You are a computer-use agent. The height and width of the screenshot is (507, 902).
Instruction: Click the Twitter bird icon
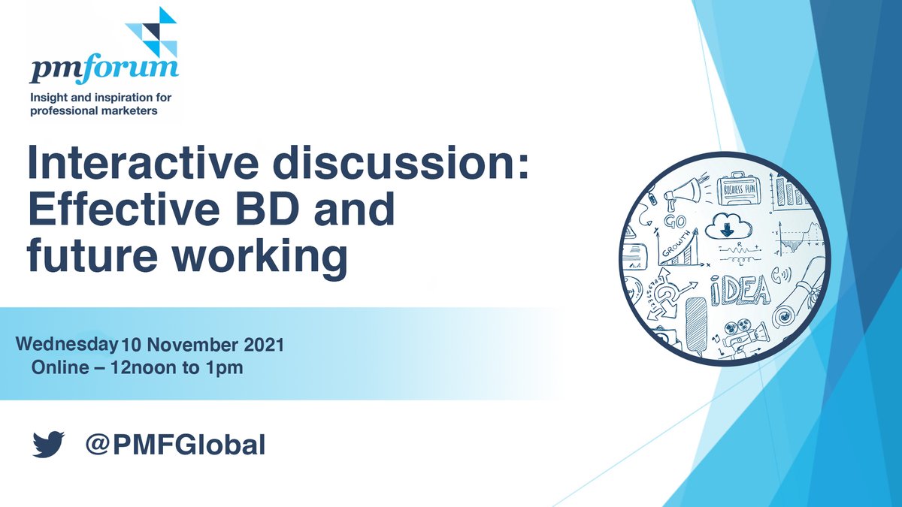click(48, 445)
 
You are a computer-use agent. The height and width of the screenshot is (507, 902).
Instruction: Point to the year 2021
click(262, 346)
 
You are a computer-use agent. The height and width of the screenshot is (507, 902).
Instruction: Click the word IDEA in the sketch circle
click(740, 290)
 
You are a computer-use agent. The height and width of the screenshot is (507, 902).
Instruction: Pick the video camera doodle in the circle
click(740, 334)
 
